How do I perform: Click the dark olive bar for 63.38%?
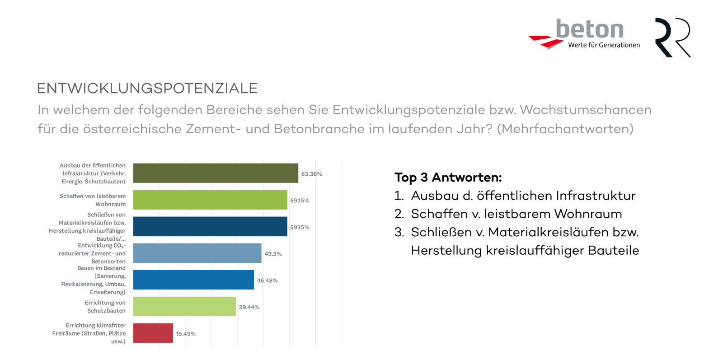(216, 173)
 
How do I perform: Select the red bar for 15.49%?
(153, 333)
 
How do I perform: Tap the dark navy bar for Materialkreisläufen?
(210, 226)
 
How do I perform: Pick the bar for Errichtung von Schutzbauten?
(184, 306)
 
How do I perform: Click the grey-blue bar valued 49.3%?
(197, 253)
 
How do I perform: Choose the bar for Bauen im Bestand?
(193, 280)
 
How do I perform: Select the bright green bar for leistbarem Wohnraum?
(210, 200)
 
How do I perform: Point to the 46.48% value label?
(267, 281)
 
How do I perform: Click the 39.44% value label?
(249, 307)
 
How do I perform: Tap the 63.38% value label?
(311, 174)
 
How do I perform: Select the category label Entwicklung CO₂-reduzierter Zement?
(92, 253)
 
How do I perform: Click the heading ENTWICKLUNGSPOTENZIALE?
(147, 88)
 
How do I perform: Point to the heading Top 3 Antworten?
(448, 177)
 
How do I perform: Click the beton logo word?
(590, 29)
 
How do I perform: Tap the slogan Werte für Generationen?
(604, 45)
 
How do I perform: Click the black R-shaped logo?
(672, 37)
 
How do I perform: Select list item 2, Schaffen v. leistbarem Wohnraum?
(516, 214)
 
